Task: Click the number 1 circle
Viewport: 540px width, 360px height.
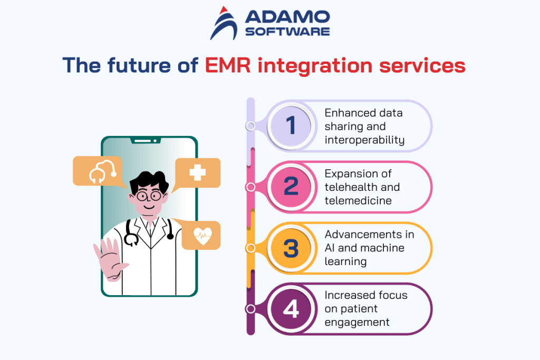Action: tap(291, 126)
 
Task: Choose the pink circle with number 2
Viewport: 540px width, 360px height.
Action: tap(291, 187)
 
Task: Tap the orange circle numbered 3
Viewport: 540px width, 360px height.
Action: tap(291, 248)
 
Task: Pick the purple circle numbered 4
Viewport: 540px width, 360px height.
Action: tap(291, 309)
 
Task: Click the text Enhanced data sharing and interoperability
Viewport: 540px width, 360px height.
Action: tap(364, 127)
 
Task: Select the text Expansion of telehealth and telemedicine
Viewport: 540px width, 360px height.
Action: tap(362, 187)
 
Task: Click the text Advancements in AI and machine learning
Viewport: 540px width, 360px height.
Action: tap(369, 248)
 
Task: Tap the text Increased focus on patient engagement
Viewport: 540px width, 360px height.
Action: tap(366, 309)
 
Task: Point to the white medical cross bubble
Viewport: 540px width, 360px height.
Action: tap(197, 172)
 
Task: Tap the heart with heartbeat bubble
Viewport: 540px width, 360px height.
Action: tap(201, 236)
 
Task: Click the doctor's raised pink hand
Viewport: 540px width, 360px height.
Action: tap(109, 259)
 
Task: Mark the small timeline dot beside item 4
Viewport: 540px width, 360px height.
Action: tap(251, 309)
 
